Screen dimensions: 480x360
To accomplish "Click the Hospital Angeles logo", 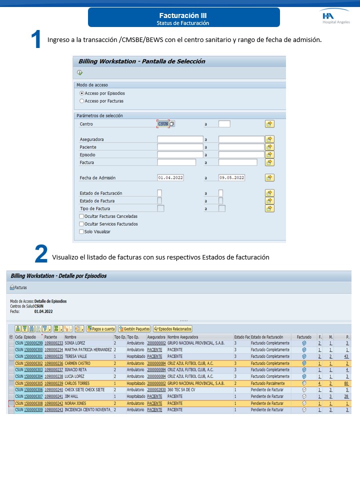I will click(335, 18).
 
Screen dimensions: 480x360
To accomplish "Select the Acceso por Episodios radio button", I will click(82, 93).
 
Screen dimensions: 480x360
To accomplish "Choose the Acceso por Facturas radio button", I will click(82, 101).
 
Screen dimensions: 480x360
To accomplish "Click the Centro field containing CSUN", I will click(163, 123).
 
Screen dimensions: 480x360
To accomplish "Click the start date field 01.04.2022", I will click(170, 177).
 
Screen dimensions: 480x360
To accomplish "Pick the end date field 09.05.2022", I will click(232, 177).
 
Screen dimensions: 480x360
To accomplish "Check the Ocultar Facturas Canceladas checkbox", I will click(81, 216).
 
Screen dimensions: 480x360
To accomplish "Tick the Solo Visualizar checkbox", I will click(81, 231).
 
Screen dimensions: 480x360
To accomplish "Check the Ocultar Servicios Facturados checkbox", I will click(81, 224).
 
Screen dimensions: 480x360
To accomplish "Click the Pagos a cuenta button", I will click(101, 329).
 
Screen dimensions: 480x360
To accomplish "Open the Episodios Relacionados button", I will click(172, 329).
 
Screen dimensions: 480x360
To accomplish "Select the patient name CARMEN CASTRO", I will click(77, 363).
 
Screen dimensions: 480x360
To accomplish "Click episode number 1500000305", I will click(33, 383).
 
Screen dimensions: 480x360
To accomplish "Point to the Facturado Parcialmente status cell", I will click(270, 383).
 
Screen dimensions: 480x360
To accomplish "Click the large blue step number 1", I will click(35, 40).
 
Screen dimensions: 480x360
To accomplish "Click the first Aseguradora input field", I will click(180, 139).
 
